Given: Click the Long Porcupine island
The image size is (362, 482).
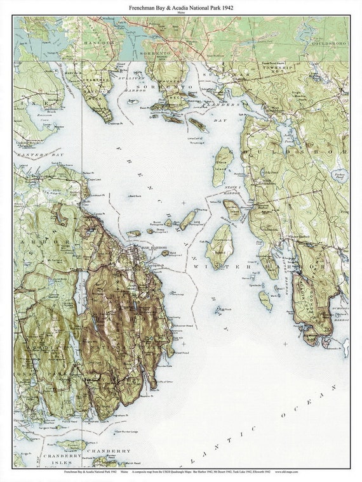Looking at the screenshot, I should point(187,220).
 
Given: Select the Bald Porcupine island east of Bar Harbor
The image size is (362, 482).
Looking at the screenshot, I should point(165,253).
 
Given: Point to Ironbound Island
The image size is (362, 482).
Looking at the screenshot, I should point(220,247).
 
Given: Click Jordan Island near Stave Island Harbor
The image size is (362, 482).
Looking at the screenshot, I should point(232,209).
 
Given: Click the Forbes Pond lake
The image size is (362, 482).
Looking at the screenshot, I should point(340,176).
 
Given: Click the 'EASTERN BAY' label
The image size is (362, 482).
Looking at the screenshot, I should point(32,155).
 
